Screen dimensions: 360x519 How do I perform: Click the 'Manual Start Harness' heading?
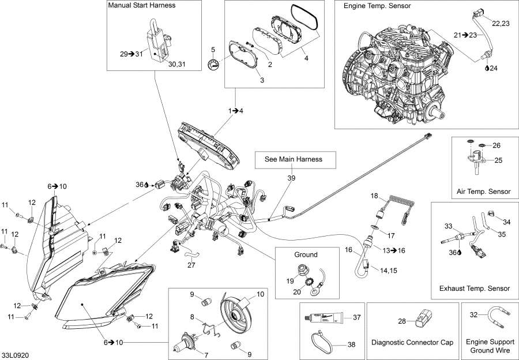click(141, 5)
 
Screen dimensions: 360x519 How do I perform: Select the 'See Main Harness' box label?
click(293, 159)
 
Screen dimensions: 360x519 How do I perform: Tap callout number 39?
click(292, 178)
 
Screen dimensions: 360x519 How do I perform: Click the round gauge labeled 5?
click(213, 65)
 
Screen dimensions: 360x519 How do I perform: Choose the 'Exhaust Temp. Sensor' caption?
click(474, 288)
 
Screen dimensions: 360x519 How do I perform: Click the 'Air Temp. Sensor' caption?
click(483, 192)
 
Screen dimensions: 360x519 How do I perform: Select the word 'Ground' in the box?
click(306, 254)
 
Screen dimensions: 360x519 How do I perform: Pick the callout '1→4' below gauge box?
click(235, 110)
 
